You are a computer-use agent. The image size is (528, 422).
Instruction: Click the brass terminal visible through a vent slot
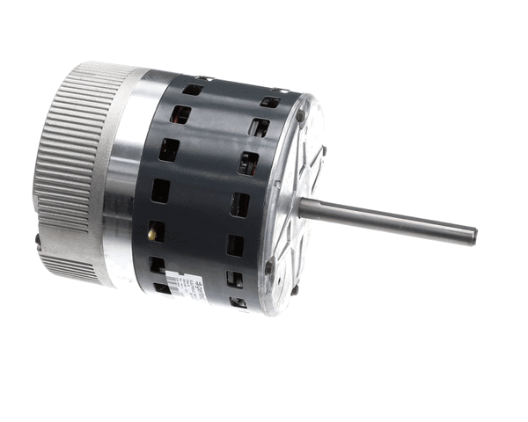pos(155,233)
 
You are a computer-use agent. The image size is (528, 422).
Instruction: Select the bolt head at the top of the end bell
pos(300,113)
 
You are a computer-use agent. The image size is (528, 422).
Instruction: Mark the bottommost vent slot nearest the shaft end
pos(238,302)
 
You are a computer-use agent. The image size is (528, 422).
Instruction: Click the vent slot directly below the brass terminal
pos(156,264)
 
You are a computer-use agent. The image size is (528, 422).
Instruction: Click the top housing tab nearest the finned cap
pos(201,77)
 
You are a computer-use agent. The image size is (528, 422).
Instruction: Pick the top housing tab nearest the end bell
pos(280,90)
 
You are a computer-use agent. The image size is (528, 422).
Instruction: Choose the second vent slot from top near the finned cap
pos(181,114)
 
